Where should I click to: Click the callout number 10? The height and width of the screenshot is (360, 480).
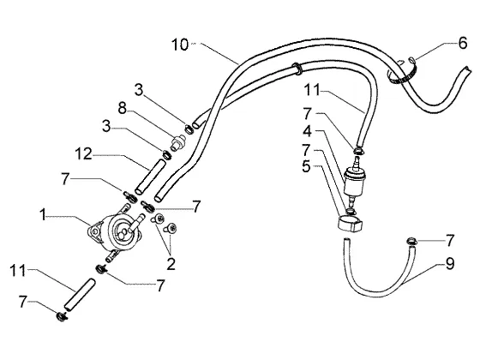click(180, 45)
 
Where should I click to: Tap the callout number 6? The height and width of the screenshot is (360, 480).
click(463, 43)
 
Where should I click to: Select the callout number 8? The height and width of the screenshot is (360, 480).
click(122, 108)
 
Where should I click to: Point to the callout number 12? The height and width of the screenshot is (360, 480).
click(83, 154)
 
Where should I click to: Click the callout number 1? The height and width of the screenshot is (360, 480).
click(43, 215)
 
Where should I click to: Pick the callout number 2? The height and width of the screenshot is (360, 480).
click(171, 264)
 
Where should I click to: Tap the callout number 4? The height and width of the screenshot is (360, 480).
click(307, 131)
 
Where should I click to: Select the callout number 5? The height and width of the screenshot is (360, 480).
click(306, 167)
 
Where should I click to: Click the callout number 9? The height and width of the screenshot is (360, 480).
click(450, 264)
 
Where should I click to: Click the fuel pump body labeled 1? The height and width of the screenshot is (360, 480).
click(116, 231)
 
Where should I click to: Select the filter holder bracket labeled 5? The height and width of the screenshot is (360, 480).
click(350, 224)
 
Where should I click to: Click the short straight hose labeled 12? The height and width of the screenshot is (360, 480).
click(150, 177)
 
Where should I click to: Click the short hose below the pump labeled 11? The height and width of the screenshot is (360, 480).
click(79, 295)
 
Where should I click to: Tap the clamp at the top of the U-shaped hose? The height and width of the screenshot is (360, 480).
click(411, 241)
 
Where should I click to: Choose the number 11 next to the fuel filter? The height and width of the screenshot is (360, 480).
click(312, 90)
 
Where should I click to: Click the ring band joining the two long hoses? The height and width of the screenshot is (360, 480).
click(297, 69)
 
